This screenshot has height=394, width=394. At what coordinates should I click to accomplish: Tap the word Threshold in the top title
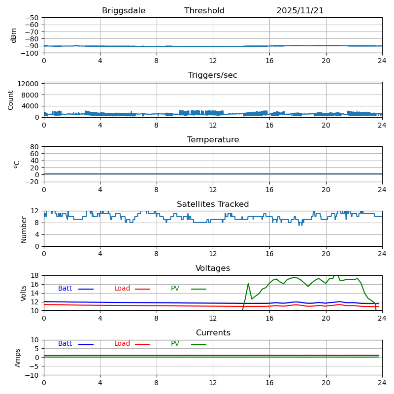pos(204,11)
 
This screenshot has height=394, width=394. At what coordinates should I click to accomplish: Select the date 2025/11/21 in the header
pos(300,11)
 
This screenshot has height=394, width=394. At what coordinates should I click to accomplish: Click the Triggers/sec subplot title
pos(213,75)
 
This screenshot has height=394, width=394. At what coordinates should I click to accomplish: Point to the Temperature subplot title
pos(213,140)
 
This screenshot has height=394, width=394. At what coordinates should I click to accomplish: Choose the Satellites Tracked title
pos(213,204)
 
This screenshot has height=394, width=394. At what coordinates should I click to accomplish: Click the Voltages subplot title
pos(213,268)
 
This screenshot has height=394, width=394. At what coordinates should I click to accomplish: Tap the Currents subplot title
pos(213,333)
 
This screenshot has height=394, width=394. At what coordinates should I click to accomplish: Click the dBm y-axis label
pos(14,35)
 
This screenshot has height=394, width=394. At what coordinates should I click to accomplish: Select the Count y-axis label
pos(11,99)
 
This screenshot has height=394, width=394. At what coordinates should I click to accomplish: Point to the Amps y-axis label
pos(18,358)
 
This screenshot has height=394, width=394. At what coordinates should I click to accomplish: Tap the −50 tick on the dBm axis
pos(32,18)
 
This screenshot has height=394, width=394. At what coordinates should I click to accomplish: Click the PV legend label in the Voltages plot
pos(175,289)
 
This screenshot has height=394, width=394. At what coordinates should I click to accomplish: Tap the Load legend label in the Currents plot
pos(122,344)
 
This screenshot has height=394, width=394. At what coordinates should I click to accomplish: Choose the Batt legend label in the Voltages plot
pos(65,289)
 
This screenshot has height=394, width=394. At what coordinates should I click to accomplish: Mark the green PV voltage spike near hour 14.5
pos(248,284)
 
